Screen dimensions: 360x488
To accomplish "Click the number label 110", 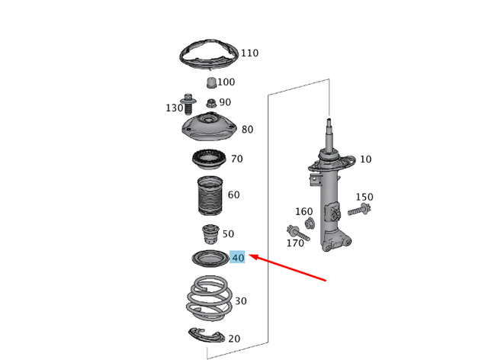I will pos(249,53).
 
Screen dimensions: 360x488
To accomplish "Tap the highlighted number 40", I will pos(238,258).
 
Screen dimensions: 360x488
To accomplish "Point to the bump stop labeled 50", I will pos(207,233).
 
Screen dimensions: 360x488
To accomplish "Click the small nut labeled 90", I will pos(210,102).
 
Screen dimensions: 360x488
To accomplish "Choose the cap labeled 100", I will pos(209,82).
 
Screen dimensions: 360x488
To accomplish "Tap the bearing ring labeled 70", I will pos(207,162).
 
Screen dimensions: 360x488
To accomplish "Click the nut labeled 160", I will pos(310,223).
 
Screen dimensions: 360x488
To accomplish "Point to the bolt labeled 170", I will pos(297,233).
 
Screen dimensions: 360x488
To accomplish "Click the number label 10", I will pos(366,159).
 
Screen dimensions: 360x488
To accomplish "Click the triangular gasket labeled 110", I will pos(207,56).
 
